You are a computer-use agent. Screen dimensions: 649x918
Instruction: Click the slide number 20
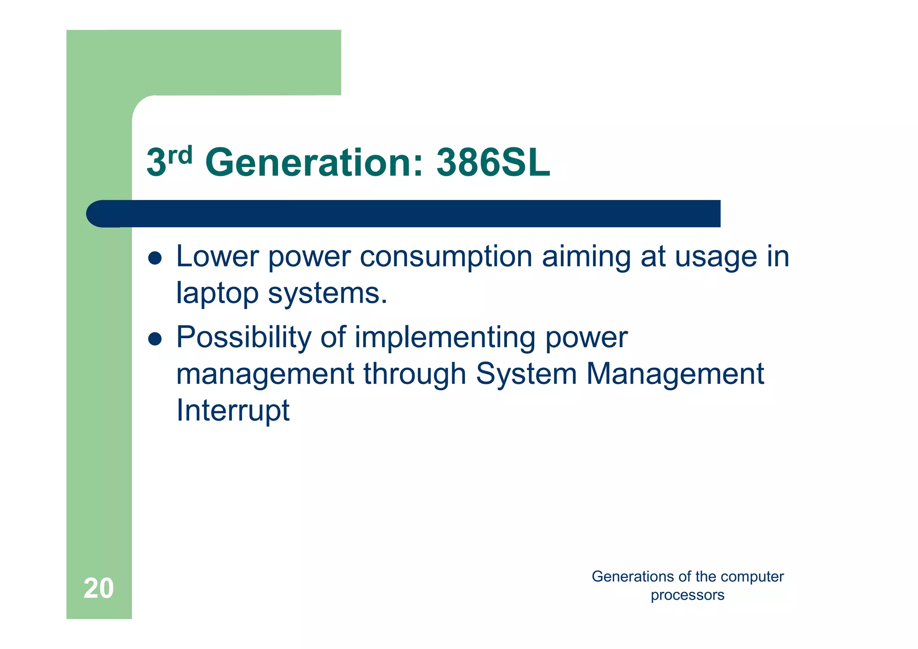(x=99, y=588)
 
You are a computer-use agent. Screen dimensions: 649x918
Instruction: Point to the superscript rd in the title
(x=180, y=155)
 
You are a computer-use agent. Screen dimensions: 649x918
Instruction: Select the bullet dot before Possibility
(x=155, y=339)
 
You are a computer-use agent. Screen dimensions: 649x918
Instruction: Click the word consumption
(x=446, y=258)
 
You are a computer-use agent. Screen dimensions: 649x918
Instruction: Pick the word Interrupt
(x=233, y=410)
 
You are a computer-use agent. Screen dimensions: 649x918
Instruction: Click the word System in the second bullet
(x=526, y=374)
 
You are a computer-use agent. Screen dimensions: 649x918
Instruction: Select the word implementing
(x=445, y=338)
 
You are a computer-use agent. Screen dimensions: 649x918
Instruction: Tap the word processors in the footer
(x=687, y=595)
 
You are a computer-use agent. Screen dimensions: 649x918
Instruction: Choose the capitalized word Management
(x=675, y=374)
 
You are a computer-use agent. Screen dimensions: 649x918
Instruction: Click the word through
(x=415, y=374)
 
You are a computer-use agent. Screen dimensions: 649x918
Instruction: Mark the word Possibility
(x=243, y=338)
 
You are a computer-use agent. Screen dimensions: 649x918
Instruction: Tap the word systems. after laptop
(x=327, y=294)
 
